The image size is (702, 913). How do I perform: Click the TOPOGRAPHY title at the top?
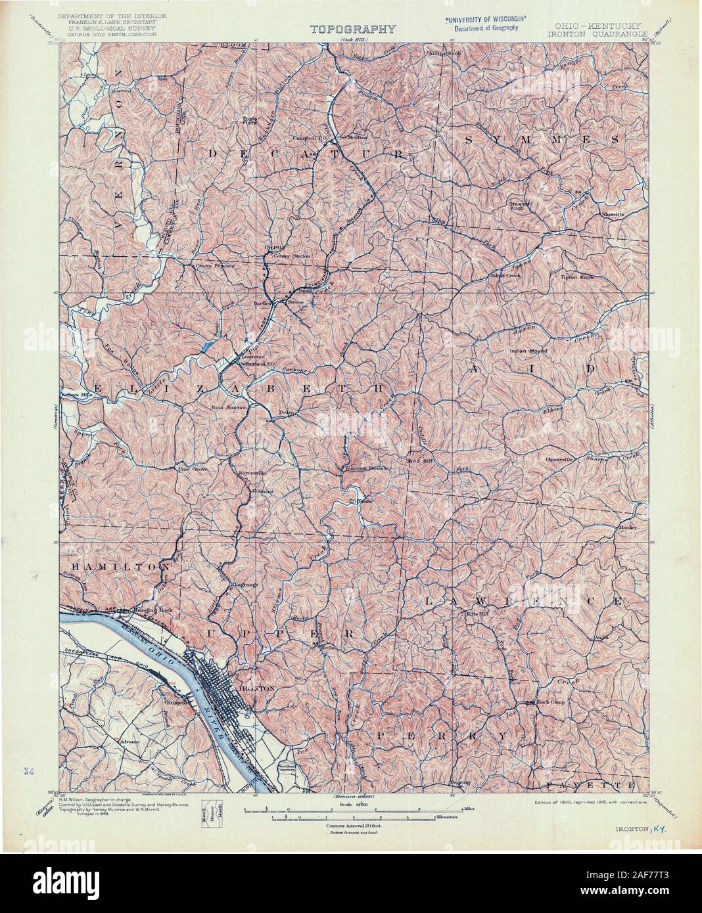tap(352, 28)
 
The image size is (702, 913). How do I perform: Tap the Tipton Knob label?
tap(577, 278)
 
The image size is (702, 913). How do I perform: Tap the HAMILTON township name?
tap(115, 566)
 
